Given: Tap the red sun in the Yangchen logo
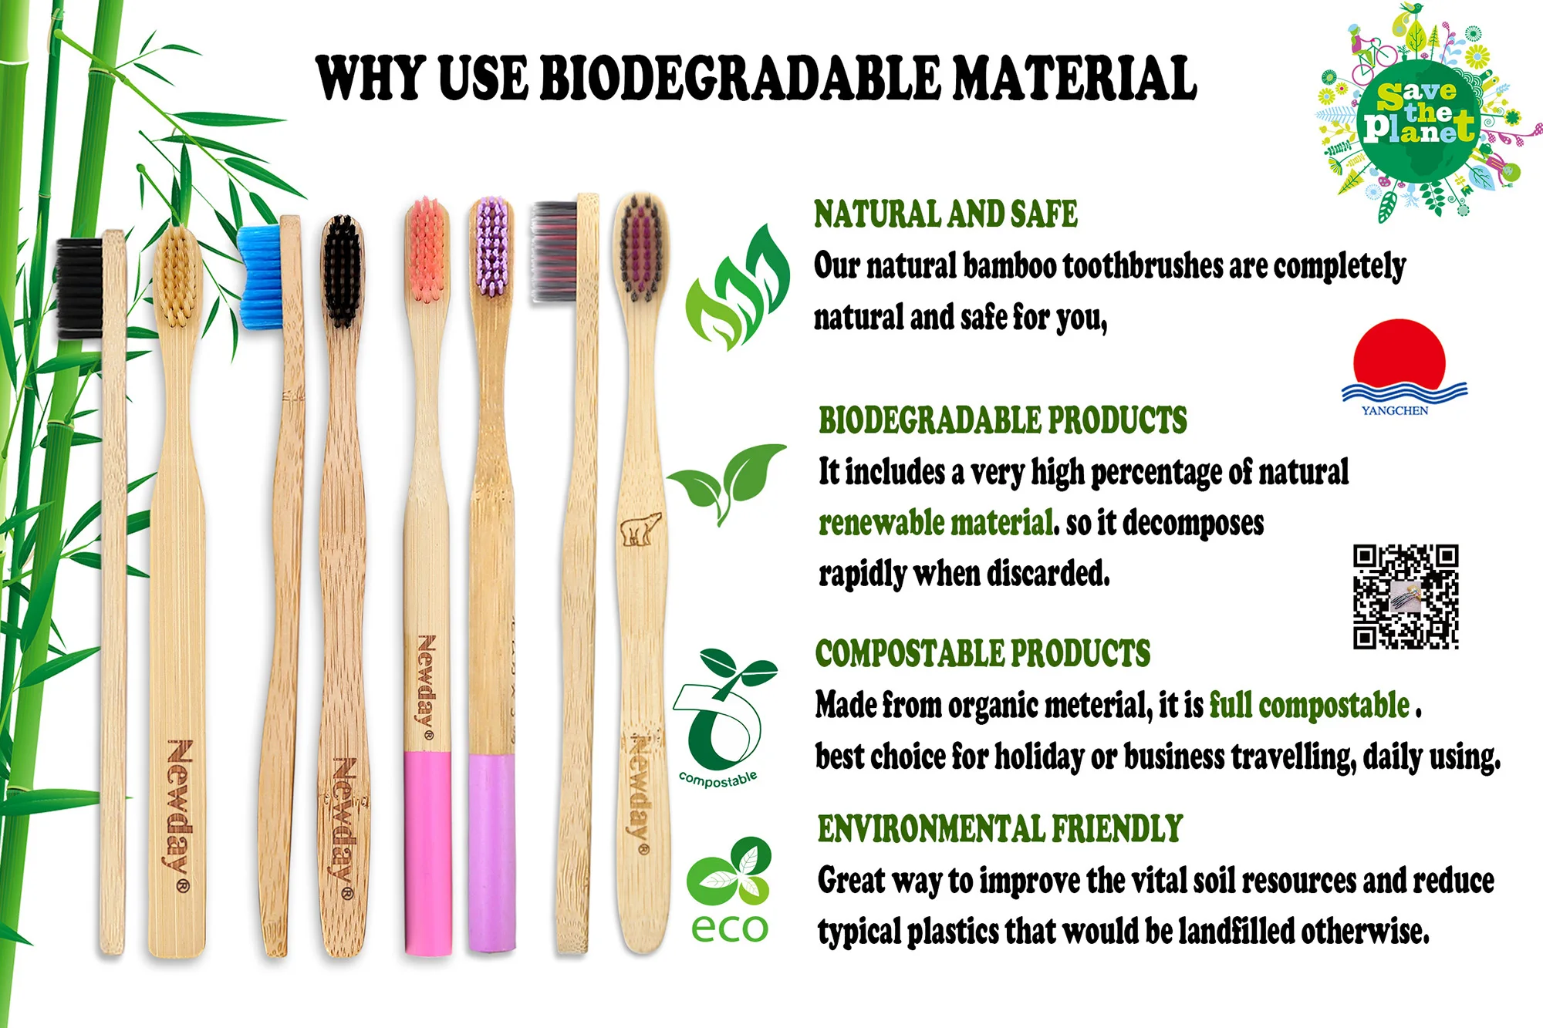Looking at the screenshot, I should pos(1399,354).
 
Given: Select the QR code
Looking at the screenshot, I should pos(1405,596).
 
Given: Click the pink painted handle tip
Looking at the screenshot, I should pos(428,852).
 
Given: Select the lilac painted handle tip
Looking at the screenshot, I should pos(491,852).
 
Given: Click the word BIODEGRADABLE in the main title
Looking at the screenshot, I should pos(741,79).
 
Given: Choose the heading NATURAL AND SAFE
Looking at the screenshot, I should pos(946,214).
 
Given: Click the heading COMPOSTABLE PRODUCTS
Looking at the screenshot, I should pos(982,653).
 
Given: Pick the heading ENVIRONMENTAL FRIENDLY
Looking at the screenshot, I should pos(1000,829).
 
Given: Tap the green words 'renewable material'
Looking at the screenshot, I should pos(936,523).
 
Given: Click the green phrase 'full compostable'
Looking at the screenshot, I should pos(1308,705).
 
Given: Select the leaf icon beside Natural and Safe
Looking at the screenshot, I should pos(737,289).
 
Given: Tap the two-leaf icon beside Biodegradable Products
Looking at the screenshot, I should pos(728,480).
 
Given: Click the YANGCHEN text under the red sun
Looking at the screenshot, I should pos(1395,410).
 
